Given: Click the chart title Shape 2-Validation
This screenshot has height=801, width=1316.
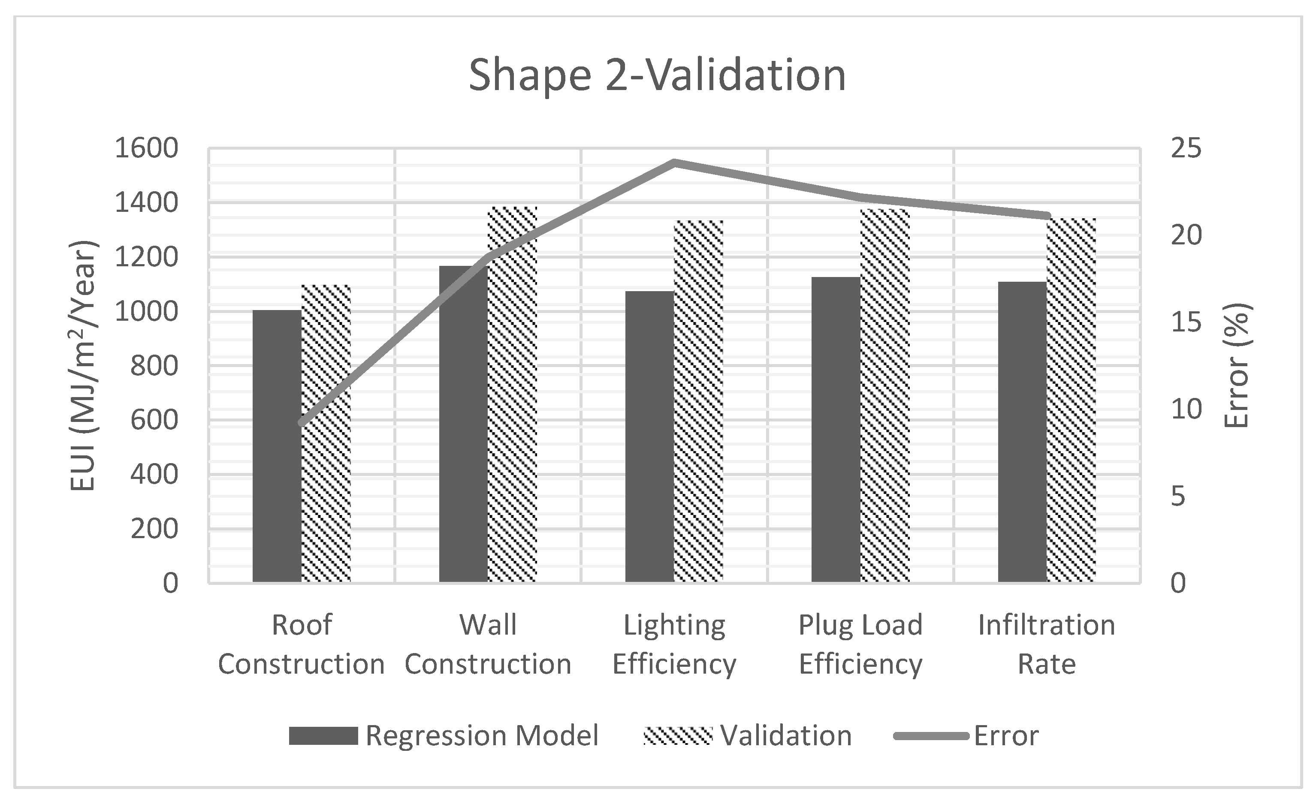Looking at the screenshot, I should point(657,75).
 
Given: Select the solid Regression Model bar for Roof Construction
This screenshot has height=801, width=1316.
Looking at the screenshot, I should point(277,446).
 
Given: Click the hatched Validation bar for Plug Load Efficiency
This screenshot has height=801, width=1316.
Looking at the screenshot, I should point(885,395).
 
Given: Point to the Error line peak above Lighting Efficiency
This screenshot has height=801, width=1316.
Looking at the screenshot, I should point(675,163).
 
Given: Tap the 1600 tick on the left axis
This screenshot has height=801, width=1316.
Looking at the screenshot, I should point(146,148).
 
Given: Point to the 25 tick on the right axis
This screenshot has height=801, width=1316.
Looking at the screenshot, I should point(1186,148).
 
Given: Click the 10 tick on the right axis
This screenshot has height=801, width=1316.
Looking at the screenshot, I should point(1186,410).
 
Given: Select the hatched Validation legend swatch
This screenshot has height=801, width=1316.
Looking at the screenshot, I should point(677,735).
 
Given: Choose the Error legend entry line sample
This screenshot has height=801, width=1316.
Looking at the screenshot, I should point(931,736).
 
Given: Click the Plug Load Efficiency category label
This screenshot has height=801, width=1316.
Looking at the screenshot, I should point(860,644).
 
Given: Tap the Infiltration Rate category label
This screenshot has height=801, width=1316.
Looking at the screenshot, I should point(1046,644).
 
